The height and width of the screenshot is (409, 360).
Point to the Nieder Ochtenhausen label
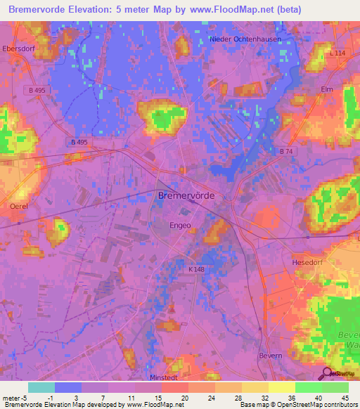(245, 39)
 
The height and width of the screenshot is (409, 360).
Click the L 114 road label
(337, 53)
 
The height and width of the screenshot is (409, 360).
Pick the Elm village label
(326, 89)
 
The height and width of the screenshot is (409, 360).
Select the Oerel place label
(19, 206)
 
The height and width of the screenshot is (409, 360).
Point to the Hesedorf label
(306, 261)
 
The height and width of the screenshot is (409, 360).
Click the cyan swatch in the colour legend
(41, 387)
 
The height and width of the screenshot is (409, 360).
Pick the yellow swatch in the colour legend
(281, 387)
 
